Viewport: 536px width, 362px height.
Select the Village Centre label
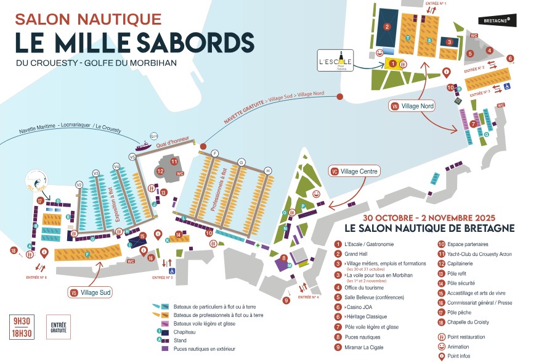tap(353, 171)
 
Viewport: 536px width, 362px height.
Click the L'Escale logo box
tap(335, 60)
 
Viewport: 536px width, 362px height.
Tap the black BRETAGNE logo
tap(497, 20)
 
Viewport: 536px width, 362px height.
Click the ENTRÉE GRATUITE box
tap(59, 326)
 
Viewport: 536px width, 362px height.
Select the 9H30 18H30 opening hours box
tap(22, 326)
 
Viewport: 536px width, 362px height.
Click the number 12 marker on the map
tap(160, 171)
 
